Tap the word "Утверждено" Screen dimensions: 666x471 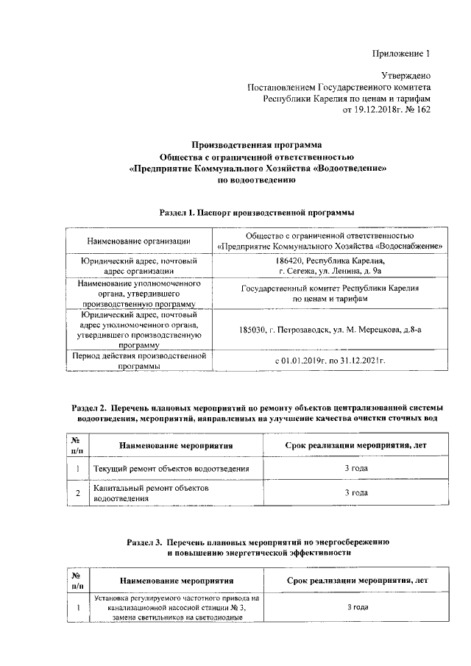[406, 76]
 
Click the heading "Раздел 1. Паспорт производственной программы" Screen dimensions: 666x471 [257, 213]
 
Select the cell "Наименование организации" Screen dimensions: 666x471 [139, 241]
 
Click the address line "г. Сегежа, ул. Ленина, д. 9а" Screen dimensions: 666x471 [330, 272]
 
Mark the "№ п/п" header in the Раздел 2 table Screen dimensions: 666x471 [77, 444]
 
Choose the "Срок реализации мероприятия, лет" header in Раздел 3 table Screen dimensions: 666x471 [355, 580]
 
